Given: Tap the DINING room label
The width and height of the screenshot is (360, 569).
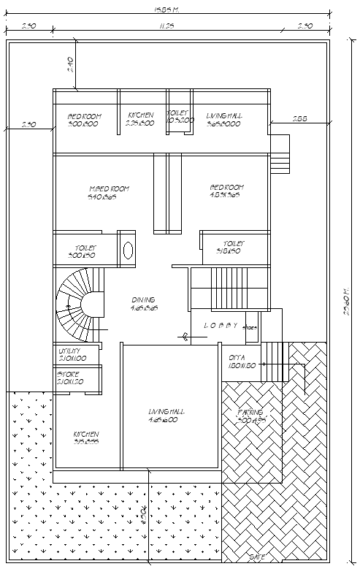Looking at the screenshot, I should tap(144, 299).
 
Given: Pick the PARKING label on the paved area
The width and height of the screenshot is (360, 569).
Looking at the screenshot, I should tap(250, 413).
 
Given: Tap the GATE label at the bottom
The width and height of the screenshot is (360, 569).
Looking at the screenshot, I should tap(256, 557).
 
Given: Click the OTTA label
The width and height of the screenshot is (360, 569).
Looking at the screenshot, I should tap(236, 357).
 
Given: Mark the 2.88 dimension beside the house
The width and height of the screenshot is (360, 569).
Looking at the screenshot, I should tap(299, 118).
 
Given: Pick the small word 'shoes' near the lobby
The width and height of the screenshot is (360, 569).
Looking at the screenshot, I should tap(250, 328).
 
